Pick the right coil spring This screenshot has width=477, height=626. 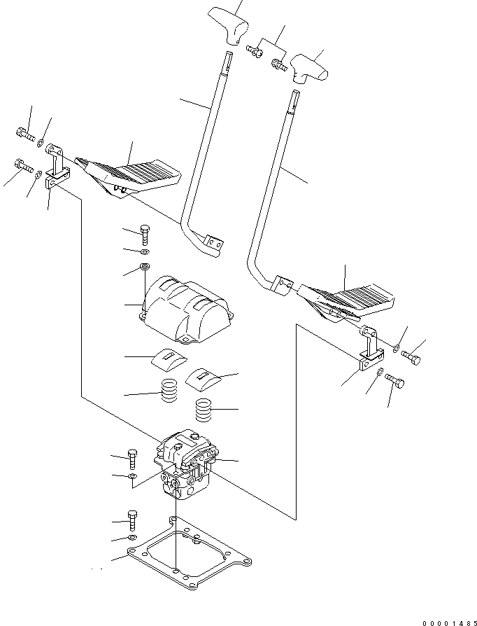(203, 410)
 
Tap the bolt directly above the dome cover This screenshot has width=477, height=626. (144, 234)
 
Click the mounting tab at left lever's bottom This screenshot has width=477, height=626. (215, 245)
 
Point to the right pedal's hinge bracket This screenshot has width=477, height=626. (367, 352)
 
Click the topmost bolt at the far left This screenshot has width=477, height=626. (22, 132)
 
